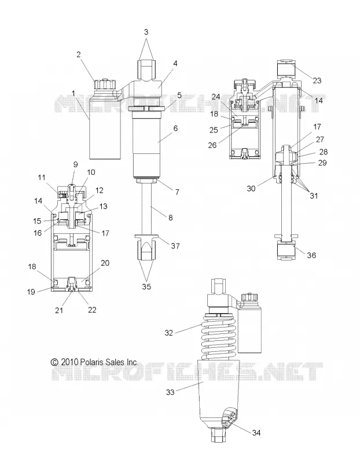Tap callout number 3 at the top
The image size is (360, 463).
(146, 32)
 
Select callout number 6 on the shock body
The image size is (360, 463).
(176, 128)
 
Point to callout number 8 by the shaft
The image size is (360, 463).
(171, 218)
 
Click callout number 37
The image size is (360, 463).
(175, 245)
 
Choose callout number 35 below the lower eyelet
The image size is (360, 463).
(146, 286)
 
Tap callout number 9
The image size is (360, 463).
(75, 164)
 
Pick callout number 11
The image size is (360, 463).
(42, 178)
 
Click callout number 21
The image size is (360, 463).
(60, 310)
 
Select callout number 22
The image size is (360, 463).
(92, 310)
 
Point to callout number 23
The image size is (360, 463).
(317, 80)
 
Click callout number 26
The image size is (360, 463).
(212, 145)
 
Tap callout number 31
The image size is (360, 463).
(314, 196)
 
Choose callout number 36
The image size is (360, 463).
(311, 255)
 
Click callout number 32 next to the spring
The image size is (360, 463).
(168, 333)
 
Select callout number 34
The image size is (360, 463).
(256, 432)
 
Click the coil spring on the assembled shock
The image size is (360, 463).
(219, 337)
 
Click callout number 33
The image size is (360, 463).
(170, 392)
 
